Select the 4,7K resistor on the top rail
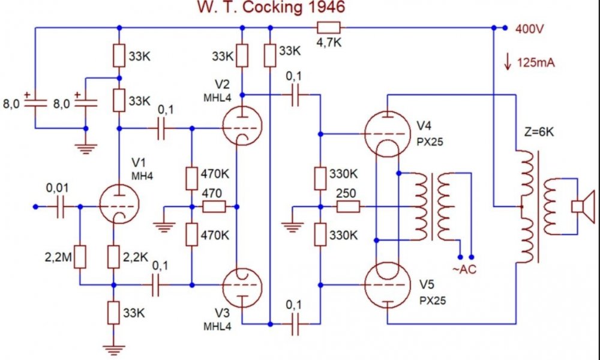[328, 27]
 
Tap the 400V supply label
[529, 28]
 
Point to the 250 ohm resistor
[347, 207]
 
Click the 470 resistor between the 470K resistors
[214, 207]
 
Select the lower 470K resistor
[192, 235]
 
